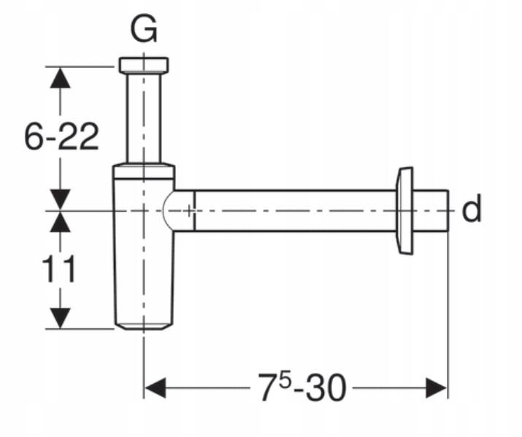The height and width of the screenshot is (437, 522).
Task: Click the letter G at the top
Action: point(144,28)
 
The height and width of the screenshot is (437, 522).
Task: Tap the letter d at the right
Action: point(472,210)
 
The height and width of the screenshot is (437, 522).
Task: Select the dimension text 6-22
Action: point(61,136)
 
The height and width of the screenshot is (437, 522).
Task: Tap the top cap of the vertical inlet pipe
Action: point(144,64)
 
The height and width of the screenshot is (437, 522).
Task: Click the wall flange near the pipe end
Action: point(402,211)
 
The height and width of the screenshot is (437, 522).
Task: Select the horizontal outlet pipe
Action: point(292,211)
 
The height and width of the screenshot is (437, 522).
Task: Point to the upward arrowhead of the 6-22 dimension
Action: point(61,77)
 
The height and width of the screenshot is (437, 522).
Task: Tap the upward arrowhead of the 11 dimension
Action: point(61,223)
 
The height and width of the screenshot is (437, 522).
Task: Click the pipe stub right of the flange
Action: point(431,211)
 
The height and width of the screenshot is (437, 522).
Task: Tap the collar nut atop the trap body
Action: point(144,171)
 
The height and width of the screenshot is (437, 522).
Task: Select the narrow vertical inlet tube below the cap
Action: point(144,117)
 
